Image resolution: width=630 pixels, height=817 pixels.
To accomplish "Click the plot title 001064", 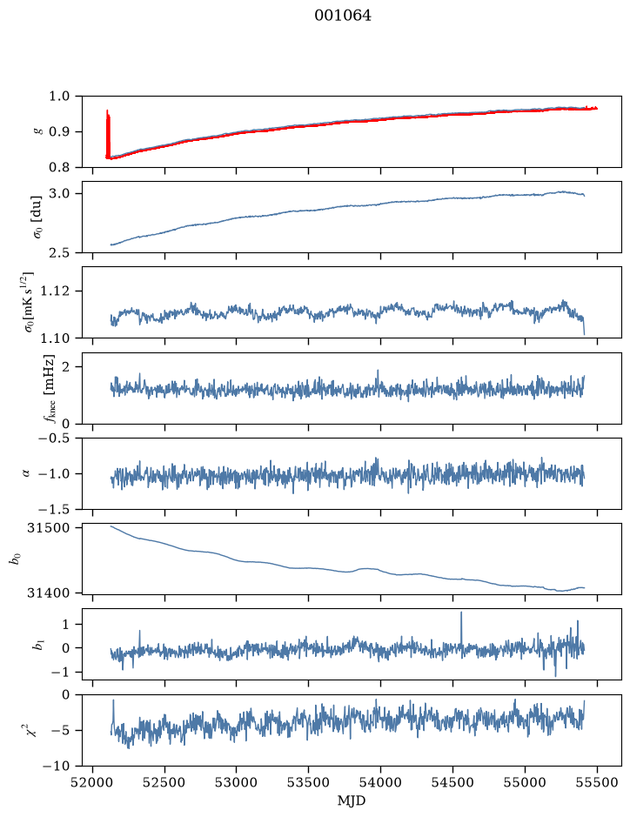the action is pos(343,16).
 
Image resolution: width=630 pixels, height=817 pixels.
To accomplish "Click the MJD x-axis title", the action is pos(352,800).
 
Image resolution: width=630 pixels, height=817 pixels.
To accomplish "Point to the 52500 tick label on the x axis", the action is pos(164,782).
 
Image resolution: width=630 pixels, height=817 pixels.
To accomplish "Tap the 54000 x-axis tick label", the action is pos(380,782).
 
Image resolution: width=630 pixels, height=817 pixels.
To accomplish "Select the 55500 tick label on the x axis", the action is pos(597,782).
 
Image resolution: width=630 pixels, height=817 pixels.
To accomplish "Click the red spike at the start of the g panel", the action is pos(108,134).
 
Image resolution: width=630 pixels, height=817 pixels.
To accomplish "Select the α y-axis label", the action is pos(26,473).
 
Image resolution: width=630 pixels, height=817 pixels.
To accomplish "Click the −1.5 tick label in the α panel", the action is pos(57,509).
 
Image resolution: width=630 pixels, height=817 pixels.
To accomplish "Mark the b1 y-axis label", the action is pos(38,645).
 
